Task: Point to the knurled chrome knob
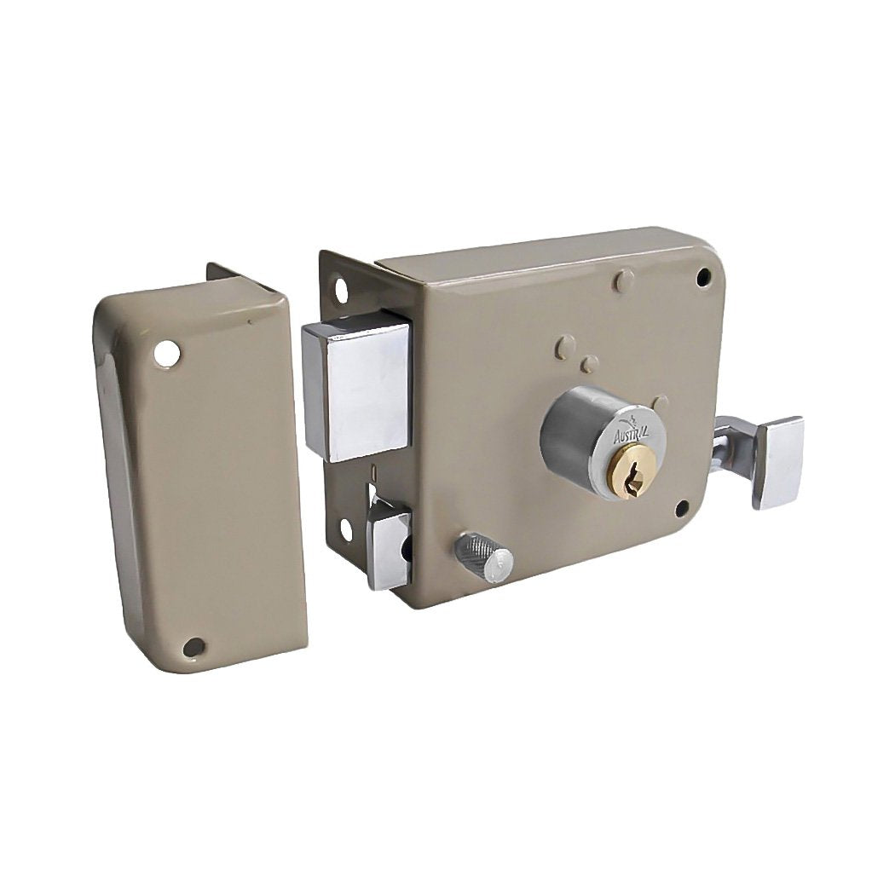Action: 483,557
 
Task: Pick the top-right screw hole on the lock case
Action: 704,277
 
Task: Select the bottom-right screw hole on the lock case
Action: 683,507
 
